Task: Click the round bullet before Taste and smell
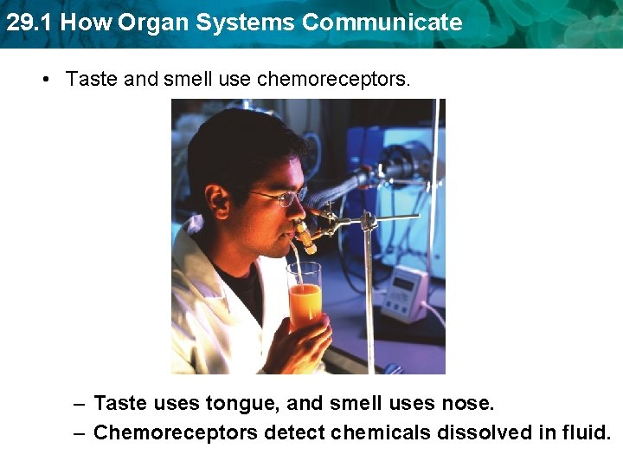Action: [47, 80]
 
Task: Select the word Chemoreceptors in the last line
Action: [175, 432]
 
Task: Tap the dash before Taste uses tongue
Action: [79, 404]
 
